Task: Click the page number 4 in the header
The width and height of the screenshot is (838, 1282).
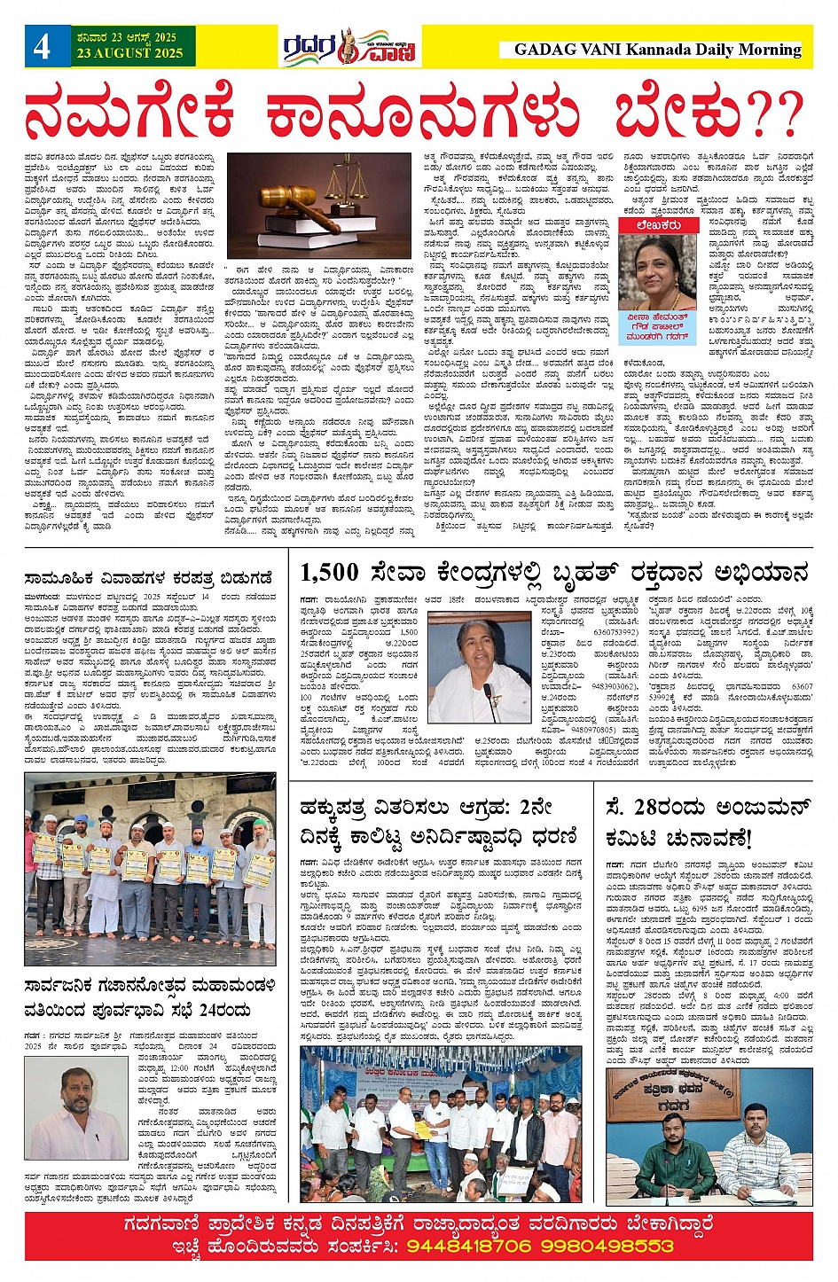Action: tap(42, 46)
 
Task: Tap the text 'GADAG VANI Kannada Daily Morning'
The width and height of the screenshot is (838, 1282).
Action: tap(657, 50)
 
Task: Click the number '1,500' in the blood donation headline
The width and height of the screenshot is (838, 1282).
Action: tap(329, 573)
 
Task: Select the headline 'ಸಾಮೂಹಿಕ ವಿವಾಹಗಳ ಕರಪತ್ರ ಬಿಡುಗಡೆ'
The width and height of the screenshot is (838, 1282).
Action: tap(148, 579)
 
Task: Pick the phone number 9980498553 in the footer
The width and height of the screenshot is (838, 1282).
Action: tap(610, 1246)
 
